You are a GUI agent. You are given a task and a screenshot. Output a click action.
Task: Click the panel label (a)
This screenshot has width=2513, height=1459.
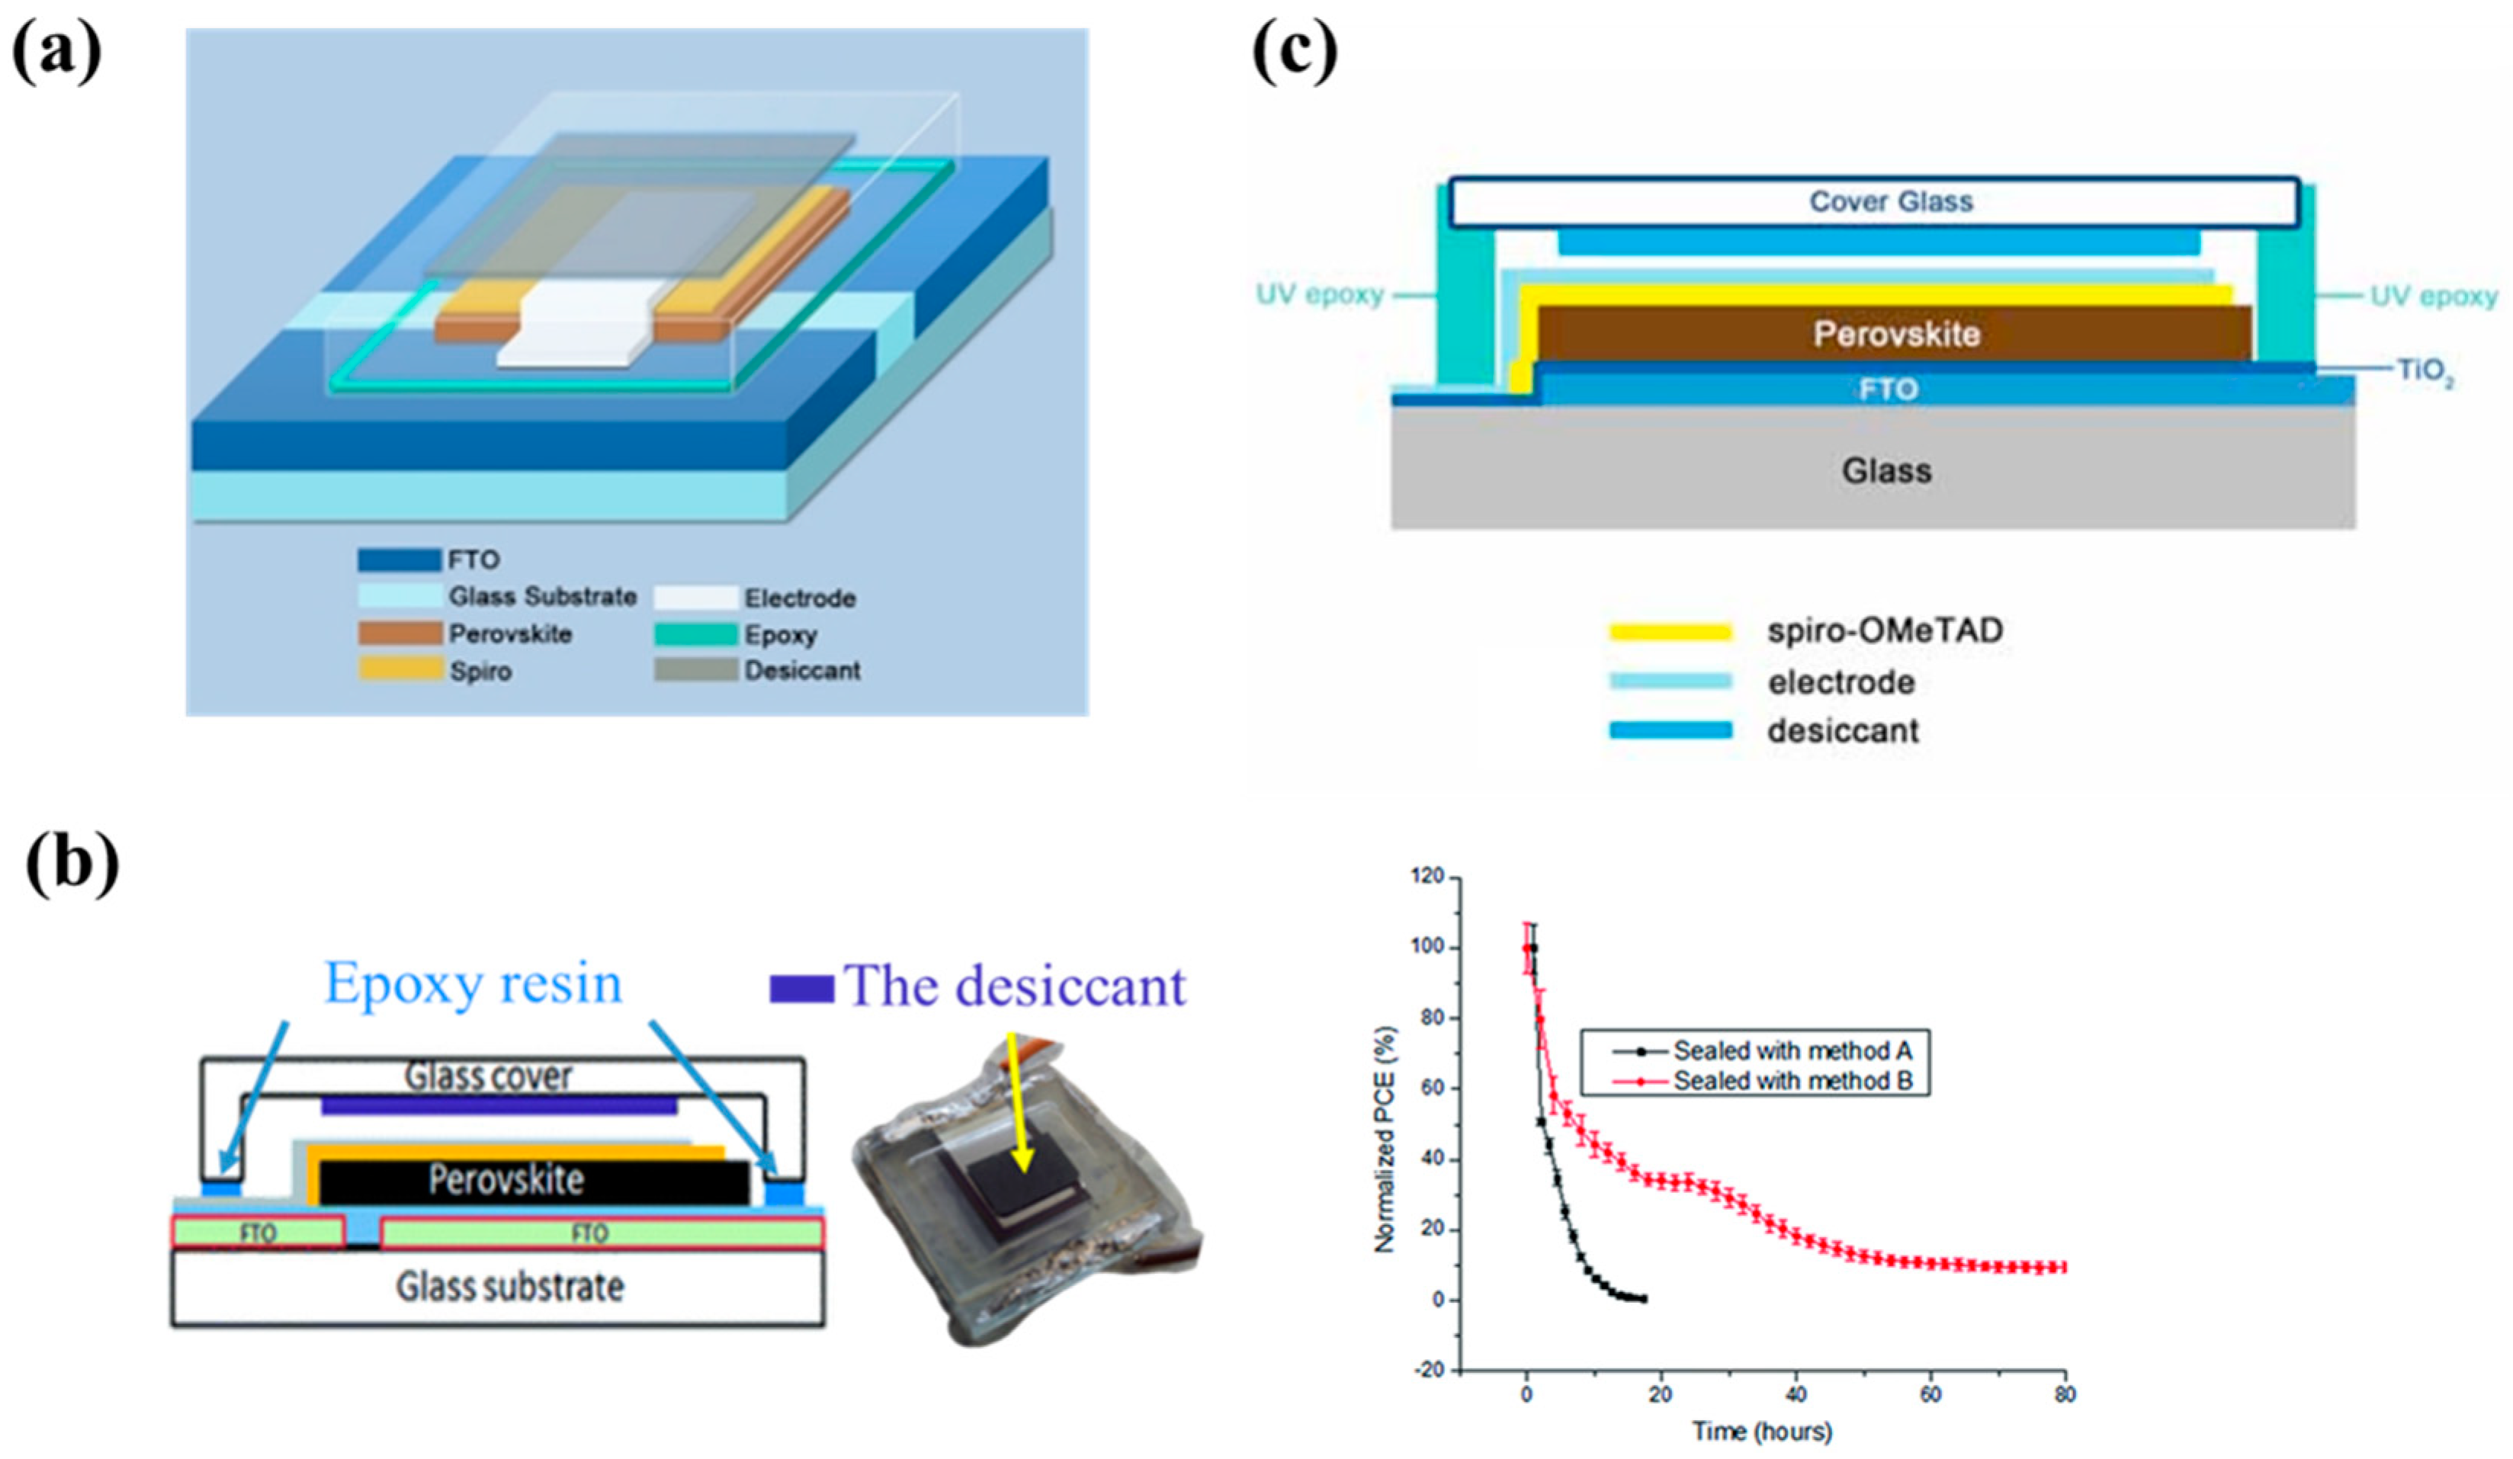pyautogui.click(x=57, y=53)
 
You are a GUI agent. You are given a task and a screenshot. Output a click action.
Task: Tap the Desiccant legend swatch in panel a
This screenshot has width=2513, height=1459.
pyautogui.click(x=695, y=670)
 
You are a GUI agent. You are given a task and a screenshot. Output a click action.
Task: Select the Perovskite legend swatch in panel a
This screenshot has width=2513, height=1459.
pyautogui.click(x=400, y=633)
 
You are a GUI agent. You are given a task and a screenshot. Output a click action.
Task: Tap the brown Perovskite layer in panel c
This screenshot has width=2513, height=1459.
pyautogui.click(x=1895, y=334)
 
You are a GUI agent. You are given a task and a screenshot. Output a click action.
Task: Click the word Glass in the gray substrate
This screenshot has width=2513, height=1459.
pyautogui.click(x=1886, y=471)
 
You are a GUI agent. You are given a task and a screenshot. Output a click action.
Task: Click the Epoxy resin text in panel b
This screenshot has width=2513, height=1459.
pyautogui.click(x=473, y=983)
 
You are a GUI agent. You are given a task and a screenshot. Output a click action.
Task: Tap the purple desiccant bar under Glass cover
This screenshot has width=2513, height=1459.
pyautogui.click(x=499, y=1105)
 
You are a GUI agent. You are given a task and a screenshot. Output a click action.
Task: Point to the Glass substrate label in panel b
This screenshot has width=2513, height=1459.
pyautogui.click(x=509, y=1287)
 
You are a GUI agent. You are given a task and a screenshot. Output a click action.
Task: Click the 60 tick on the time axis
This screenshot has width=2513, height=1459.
pyautogui.click(x=1930, y=1394)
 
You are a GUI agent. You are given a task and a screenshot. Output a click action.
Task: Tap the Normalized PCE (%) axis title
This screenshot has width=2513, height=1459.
pyautogui.click(x=1384, y=1140)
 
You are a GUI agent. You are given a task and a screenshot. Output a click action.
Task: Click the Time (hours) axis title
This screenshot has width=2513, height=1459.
pyautogui.click(x=1762, y=1432)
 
